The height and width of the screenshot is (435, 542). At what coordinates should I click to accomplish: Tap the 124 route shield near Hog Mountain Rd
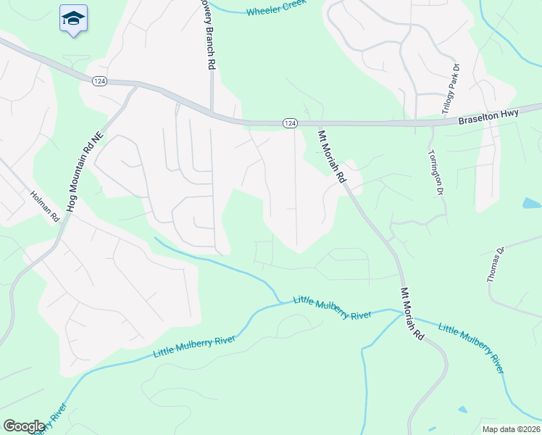100,81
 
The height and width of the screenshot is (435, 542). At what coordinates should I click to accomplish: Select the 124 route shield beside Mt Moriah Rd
290,124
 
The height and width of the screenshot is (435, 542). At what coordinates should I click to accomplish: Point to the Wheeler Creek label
275,9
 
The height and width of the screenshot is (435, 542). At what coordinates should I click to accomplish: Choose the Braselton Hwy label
499,115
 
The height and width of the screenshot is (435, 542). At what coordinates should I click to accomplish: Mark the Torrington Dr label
435,173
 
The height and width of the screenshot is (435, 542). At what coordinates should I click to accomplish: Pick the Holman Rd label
43,207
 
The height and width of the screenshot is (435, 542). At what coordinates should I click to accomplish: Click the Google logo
24,426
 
